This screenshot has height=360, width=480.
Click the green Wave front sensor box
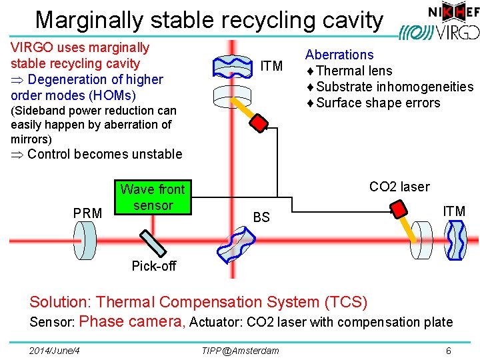click(x=153, y=197)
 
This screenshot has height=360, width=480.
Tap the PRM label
click(x=87, y=213)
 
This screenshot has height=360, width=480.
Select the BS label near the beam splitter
click(x=261, y=217)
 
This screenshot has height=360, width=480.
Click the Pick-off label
click(x=154, y=266)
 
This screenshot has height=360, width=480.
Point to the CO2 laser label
click(x=399, y=187)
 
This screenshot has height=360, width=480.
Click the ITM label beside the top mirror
click(x=271, y=66)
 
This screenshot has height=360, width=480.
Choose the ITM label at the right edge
click(x=454, y=211)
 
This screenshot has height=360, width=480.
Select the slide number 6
click(x=449, y=351)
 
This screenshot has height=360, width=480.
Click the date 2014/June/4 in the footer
click(x=55, y=351)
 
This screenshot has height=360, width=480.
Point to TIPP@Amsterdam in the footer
click(x=240, y=351)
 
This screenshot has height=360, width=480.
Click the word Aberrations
click(x=339, y=55)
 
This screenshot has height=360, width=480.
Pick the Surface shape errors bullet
click(x=377, y=103)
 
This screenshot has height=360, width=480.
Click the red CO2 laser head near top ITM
click(x=261, y=123)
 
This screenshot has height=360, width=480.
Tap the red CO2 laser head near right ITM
click(x=399, y=208)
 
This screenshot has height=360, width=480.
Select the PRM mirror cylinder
click(x=88, y=237)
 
